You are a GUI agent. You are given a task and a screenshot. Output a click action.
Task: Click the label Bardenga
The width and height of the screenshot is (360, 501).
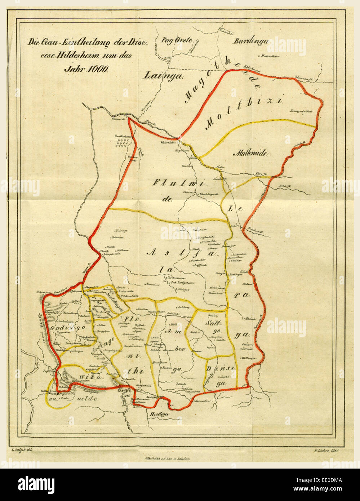coord(251,41)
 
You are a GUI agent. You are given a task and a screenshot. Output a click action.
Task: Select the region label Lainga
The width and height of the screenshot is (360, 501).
coord(164,75)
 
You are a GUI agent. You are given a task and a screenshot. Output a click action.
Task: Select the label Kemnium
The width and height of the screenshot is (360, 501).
coord(153,284)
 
